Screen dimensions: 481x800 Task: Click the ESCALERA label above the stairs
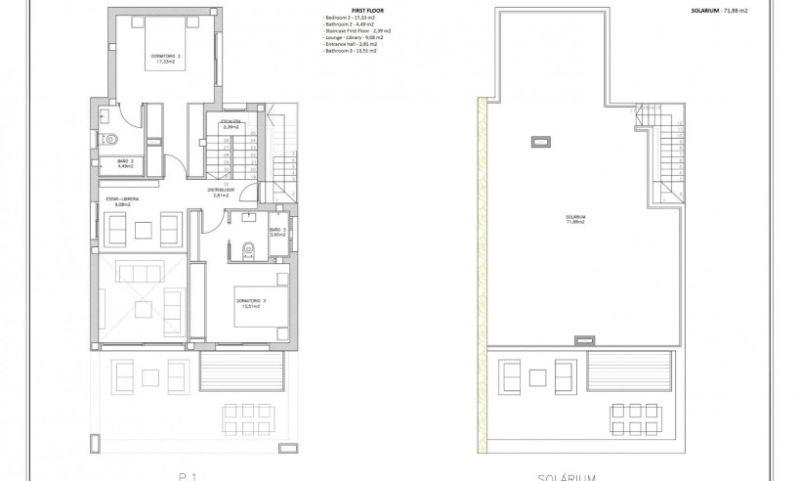pos(232,124)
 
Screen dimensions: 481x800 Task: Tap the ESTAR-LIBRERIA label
pos(123,201)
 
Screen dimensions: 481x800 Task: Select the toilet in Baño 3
pos(245,250)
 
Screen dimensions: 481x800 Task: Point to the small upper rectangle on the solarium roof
pos(539,143)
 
